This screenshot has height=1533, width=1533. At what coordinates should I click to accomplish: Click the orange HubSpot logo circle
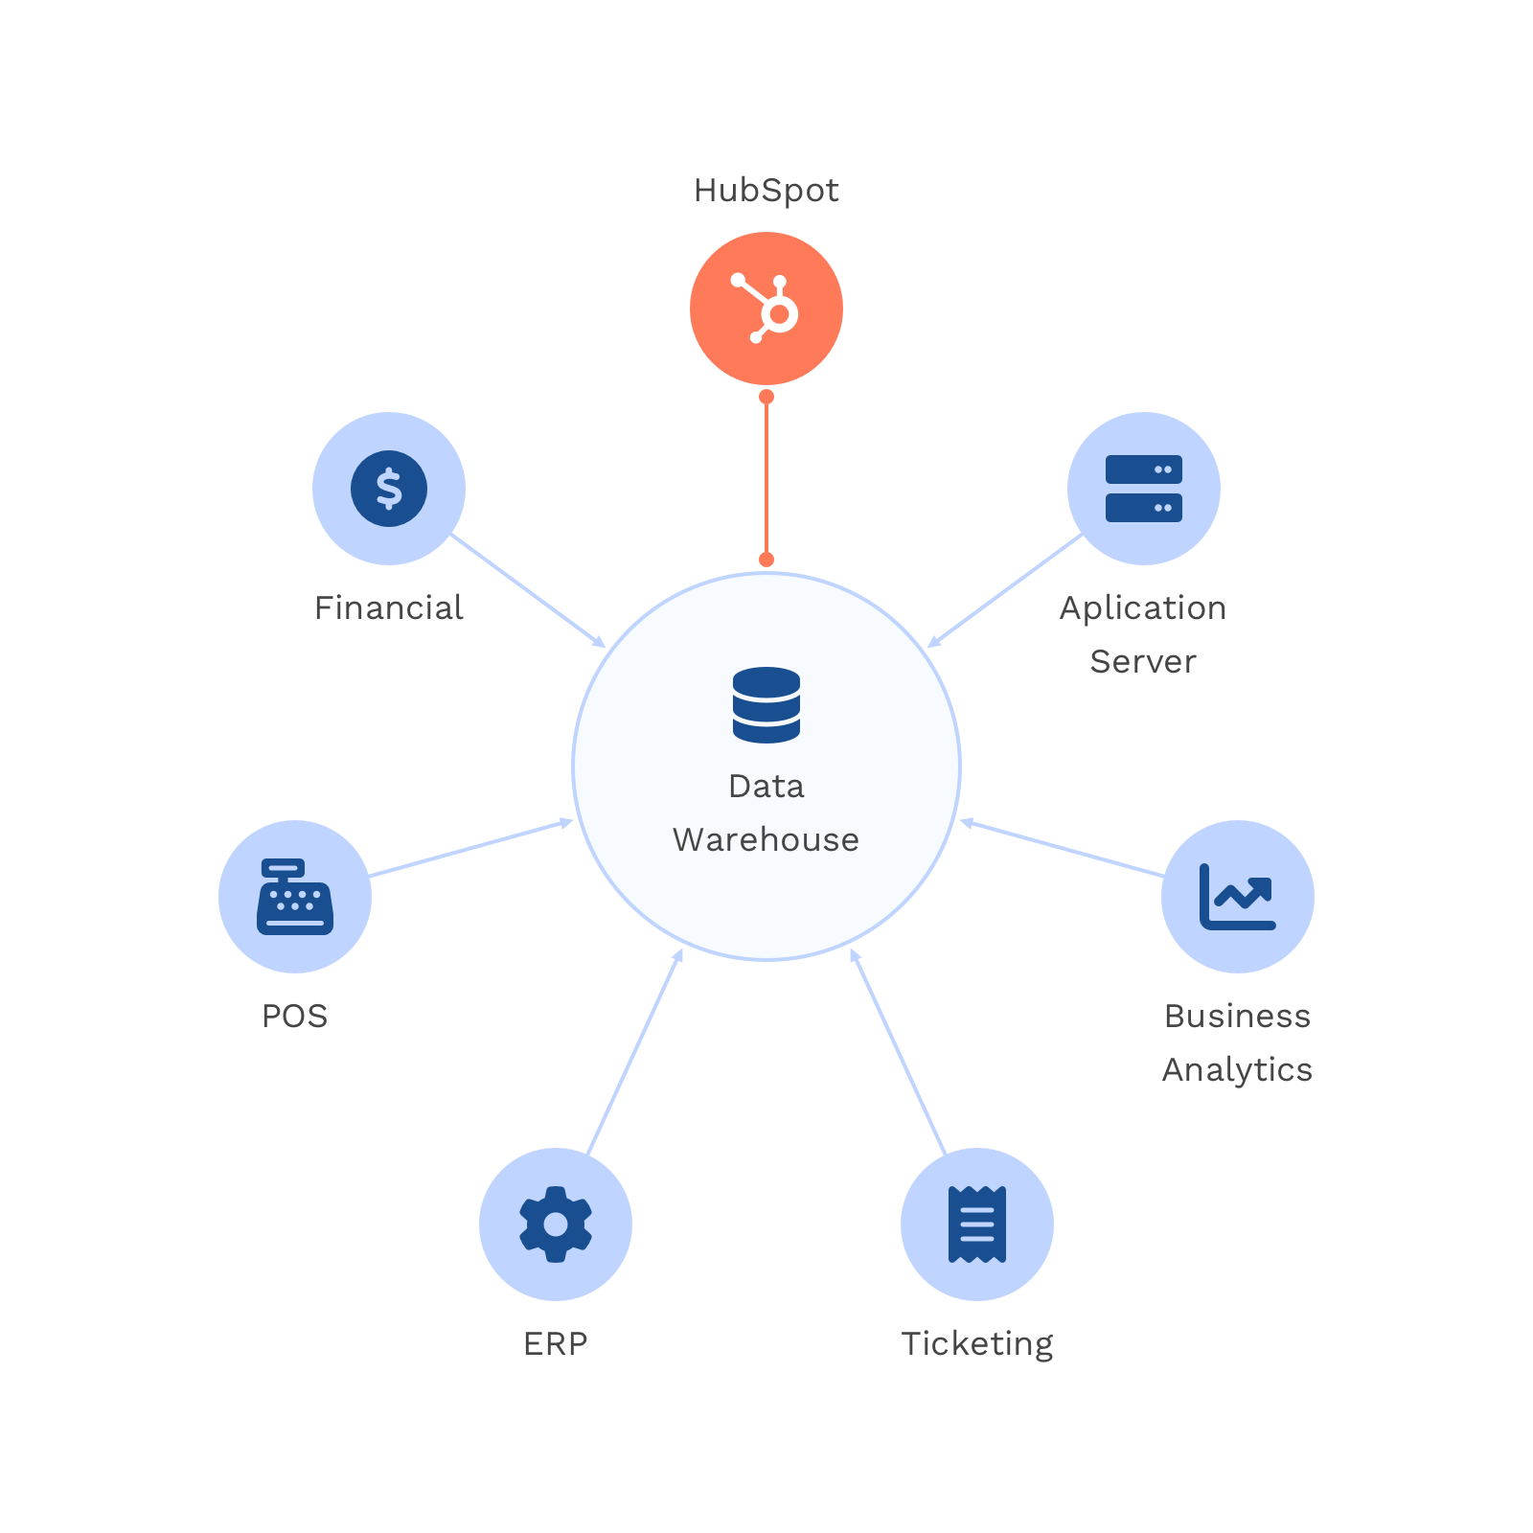click(x=766, y=309)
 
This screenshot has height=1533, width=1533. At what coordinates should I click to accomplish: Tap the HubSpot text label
click(x=766, y=191)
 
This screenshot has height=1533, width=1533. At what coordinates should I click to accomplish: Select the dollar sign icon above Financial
click(x=389, y=489)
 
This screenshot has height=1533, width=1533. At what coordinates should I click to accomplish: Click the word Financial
click(x=389, y=607)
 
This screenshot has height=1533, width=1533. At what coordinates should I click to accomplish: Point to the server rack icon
click(x=1143, y=489)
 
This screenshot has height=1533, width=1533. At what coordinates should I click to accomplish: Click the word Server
click(x=1143, y=661)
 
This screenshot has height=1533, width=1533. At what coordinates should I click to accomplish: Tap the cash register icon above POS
click(x=295, y=897)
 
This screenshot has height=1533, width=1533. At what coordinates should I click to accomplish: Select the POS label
click(x=295, y=1016)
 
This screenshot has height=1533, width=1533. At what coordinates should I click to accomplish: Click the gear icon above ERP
click(x=556, y=1224)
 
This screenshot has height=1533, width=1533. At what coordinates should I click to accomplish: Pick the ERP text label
click(x=556, y=1343)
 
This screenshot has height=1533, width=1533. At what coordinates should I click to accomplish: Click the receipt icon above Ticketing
click(x=977, y=1224)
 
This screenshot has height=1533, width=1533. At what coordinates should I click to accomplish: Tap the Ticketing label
click(x=977, y=1343)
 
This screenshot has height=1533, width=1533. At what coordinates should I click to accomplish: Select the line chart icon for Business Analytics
click(x=1238, y=897)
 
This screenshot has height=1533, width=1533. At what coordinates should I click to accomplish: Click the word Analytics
click(x=1238, y=1069)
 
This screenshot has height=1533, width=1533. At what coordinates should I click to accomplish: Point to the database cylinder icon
click(x=766, y=705)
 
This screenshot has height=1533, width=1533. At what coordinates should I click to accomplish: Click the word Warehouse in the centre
click(x=766, y=839)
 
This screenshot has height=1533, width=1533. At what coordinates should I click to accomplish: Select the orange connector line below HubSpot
click(x=766, y=479)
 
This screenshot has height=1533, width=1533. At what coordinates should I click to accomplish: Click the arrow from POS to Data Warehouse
click(x=469, y=848)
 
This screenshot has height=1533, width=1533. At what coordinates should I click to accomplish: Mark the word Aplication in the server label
click(x=1143, y=607)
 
